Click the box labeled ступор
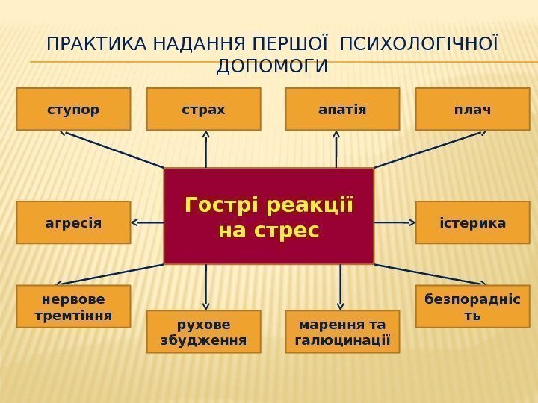click(x=73, y=109)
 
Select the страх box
click(x=203, y=109)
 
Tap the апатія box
click(x=342, y=109)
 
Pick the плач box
click(x=472, y=109)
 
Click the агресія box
click(x=73, y=222)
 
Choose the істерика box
click(x=472, y=222)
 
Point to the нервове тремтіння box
click(x=73, y=306)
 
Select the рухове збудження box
click(x=203, y=331)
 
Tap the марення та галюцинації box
click(x=342, y=331)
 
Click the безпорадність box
click(x=472, y=306)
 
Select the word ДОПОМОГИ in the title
click(x=271, y=67)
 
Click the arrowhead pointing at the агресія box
click(x=136, y=222)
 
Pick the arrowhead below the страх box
click(x=205, y=136)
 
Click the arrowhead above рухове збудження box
click(x=205, y=305)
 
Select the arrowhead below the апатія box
click(x=336, y=136)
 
